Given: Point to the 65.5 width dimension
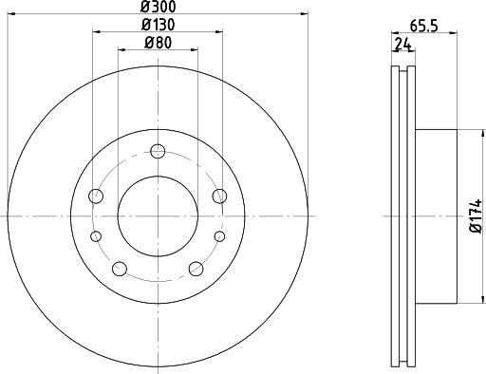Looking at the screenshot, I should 423,26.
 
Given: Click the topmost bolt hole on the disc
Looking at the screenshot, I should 158,150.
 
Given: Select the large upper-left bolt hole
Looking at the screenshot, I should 95,196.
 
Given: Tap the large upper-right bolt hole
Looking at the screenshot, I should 219,196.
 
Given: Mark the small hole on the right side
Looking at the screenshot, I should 219,236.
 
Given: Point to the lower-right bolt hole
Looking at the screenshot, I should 196,269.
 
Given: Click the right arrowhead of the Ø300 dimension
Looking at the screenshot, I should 306,14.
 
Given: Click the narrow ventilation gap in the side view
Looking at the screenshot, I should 402,215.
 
